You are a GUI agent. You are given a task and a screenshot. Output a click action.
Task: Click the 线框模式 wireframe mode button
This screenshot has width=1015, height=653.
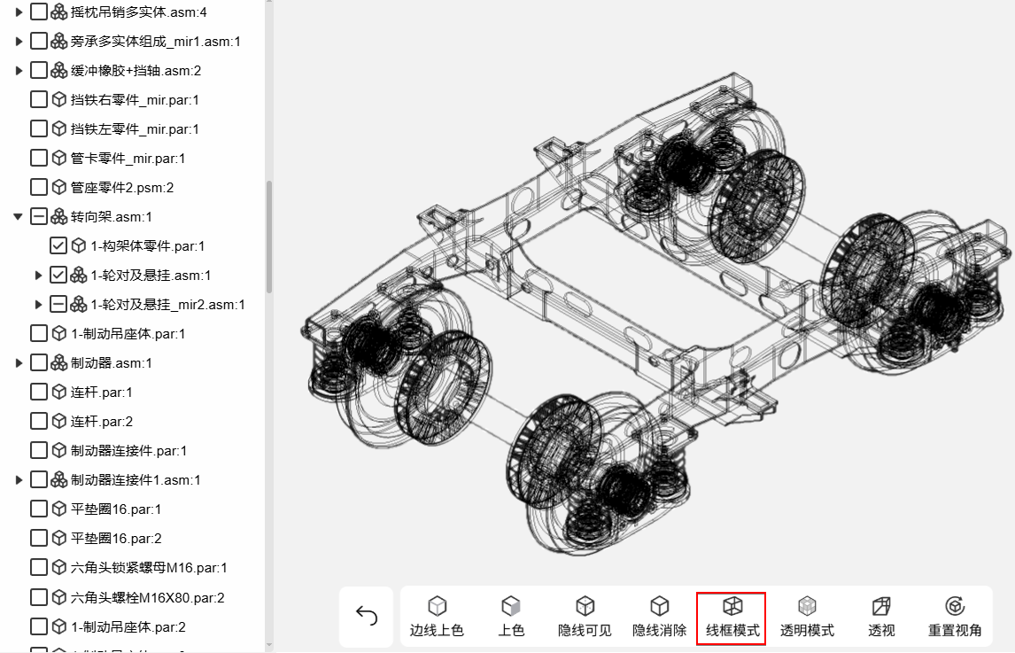tap(732, 618)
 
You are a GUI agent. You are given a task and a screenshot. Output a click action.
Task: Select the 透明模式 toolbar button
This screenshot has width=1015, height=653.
tap(807, 618)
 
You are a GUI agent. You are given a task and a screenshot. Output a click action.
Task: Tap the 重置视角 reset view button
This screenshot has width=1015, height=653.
tap(955, 618)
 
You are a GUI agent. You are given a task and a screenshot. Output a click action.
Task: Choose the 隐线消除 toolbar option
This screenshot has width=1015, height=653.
tap(659, 618)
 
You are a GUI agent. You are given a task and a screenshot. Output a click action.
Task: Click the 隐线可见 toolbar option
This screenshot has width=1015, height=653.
tap(585, 618)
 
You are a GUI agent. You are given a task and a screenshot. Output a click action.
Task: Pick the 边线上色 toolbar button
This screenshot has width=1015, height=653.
tap(437, 618)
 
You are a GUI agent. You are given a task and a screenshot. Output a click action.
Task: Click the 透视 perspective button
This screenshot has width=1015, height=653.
tap(881, 618)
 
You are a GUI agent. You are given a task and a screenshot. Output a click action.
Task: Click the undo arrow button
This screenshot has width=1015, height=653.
tap(367, 616)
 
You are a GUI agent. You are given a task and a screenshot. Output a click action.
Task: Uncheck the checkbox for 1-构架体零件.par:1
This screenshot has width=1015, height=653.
tap(58, 245)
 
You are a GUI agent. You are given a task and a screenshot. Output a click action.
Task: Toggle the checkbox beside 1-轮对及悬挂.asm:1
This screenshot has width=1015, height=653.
tap(58, 275)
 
